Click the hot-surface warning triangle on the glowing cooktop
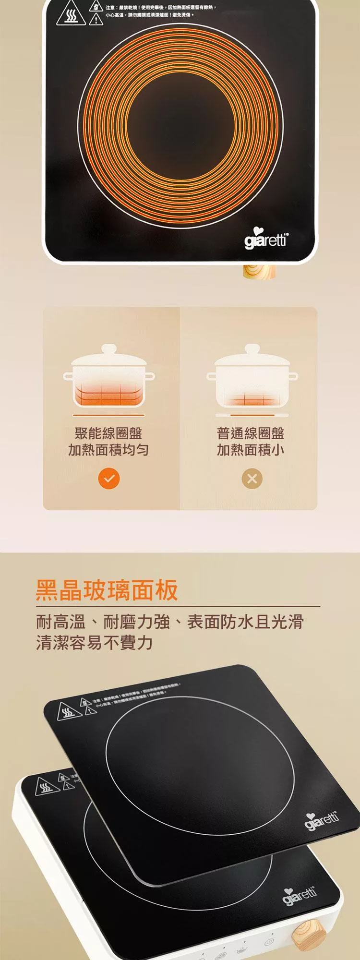coord(71,16)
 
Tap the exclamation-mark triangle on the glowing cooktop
coord(96,19)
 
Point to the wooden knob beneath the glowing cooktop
coord(259,272)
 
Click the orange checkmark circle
coord(109,479)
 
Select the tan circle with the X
coord(252,479)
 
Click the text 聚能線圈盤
coord(108,433)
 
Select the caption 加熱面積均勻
coord(108,450)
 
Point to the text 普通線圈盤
coord(251,433)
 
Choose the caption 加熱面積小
coord(251,450)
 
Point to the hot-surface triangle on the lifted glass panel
coord(67,710)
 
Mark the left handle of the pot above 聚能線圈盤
coord(68,376)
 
